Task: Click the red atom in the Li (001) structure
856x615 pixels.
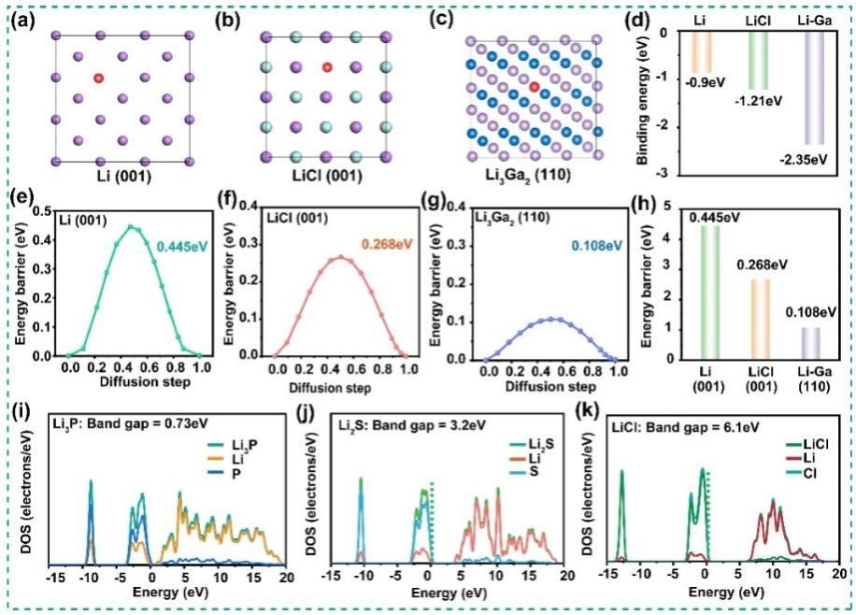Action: point(98,79)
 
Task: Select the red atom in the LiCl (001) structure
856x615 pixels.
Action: point(326,67)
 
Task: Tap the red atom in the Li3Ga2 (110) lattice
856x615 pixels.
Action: point(534,86)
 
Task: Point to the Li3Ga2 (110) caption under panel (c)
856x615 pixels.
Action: point(527,178)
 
